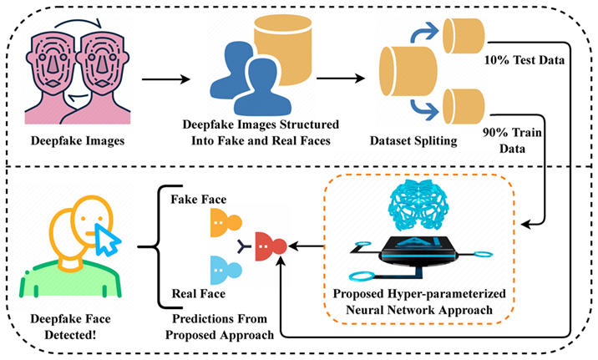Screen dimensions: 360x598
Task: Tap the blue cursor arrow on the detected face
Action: pyautogui.click(x=107, y=243)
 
